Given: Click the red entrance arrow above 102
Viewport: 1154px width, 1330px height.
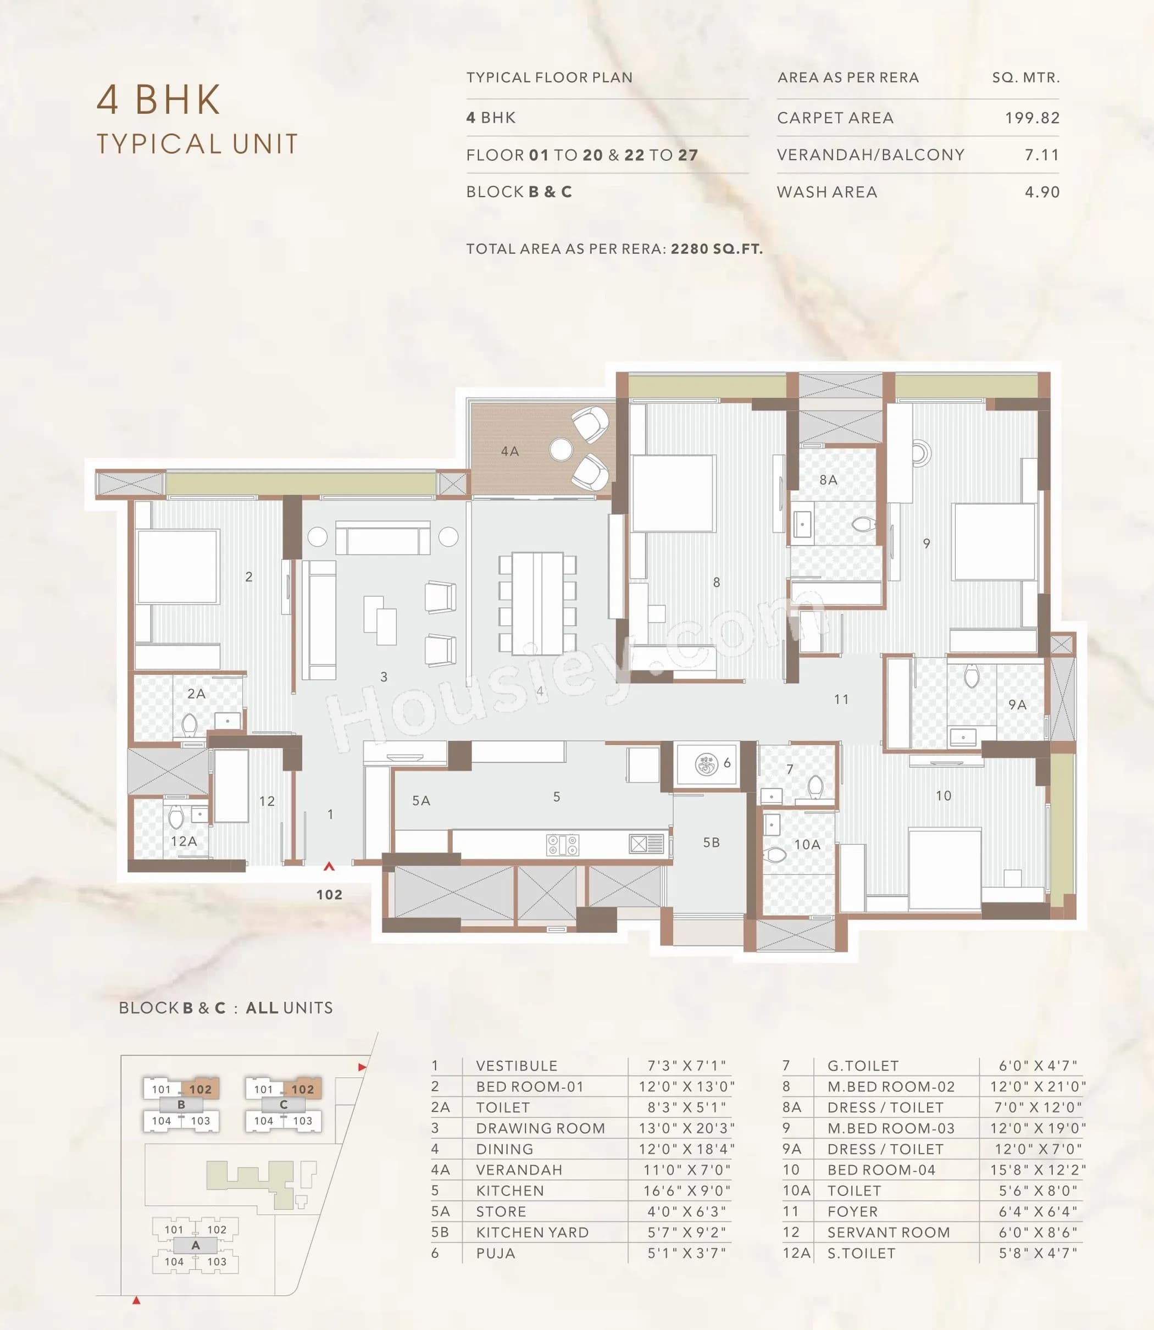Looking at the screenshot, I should pyautogui.click(x=329, y=867).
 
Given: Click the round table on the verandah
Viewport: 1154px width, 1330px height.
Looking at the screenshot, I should pyautogui.click(x=561, y=450).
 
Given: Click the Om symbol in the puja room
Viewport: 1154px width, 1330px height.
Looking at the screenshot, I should pyautogui.click(x=707, y=764).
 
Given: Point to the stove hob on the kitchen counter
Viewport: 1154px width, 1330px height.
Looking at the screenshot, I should pyautogui.click(x=562, y=844).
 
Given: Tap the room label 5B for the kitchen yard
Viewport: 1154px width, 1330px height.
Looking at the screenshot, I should pyautogui.click(x=711, y=843).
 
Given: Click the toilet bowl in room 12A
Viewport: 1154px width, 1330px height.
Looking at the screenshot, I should pyautogui.click(x=176, y=818).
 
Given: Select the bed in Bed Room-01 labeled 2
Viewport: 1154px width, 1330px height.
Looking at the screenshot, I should pyautogui.click(x=177, y=566).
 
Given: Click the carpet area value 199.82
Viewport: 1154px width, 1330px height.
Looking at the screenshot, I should pyautogui.click(x=1031, y=118).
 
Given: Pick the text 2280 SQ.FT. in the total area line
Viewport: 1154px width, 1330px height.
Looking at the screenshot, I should pyautogui.click(x=716, y=248).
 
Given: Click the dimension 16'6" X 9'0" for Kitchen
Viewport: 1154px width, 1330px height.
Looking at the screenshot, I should pyautogui.click(x=686, y=1190).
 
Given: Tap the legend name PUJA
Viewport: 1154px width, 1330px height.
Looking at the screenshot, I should pyautogui.click(x=495, y=1253).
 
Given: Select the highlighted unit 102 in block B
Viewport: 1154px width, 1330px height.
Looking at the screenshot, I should pyautogui.click(x=200, y=1089).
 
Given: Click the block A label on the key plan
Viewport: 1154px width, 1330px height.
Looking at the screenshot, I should pyautogui.click(x=195, y=1245).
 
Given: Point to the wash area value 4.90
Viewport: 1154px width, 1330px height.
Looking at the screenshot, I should pyautogui.click(x=1041, y=192).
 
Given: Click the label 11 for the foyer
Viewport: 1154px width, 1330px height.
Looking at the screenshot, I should pyautogui.click(x=841, y=700).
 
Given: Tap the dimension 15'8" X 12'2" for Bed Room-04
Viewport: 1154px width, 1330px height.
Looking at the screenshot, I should pyautogui.click(x=1038, y=1170).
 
